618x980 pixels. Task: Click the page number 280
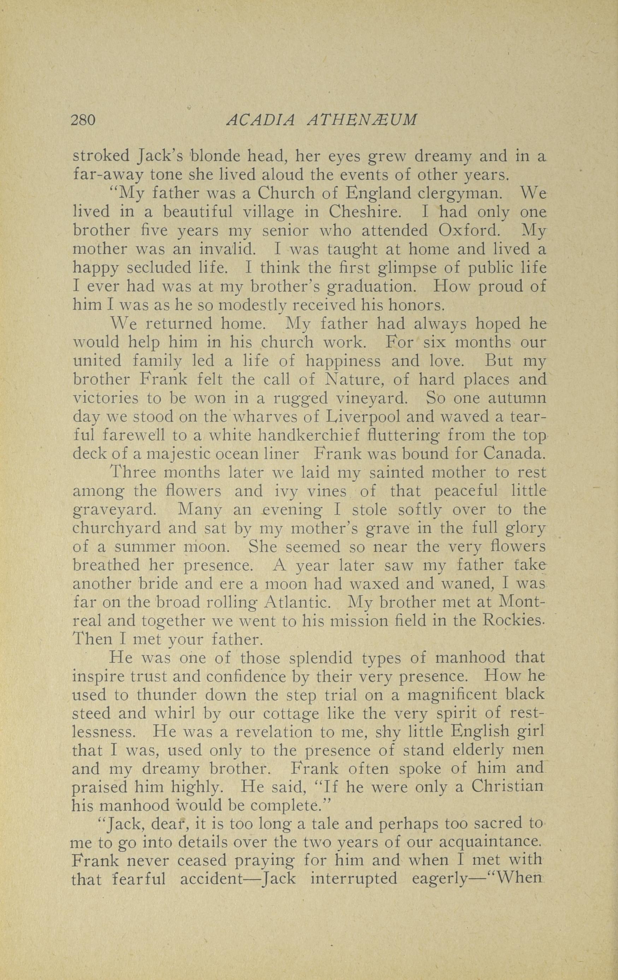tap(83, 120)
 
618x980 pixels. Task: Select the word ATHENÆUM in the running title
tap(362, 120)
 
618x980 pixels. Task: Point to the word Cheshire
tap(364, 212)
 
